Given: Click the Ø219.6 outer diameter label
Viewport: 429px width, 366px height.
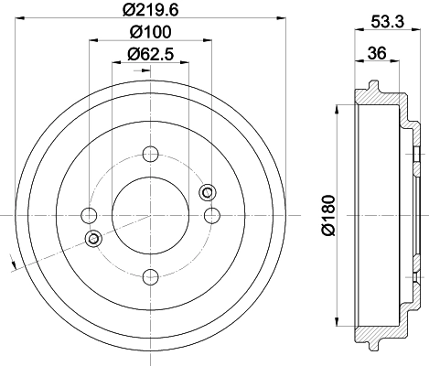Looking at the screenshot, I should (x=150, y=12).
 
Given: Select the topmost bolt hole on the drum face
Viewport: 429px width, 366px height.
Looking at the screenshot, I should (x=150, y=154).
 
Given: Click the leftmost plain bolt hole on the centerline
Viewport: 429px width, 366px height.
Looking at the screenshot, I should (x=89, y=215).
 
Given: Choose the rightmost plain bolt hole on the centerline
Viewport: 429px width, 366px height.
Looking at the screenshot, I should (x=211, y=215).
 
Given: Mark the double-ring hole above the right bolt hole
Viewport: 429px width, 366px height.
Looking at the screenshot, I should (x=207, y=191).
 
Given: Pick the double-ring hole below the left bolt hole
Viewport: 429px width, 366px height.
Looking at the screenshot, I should (x=92, y=239).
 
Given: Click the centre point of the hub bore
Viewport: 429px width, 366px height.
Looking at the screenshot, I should (x=150, y=215).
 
